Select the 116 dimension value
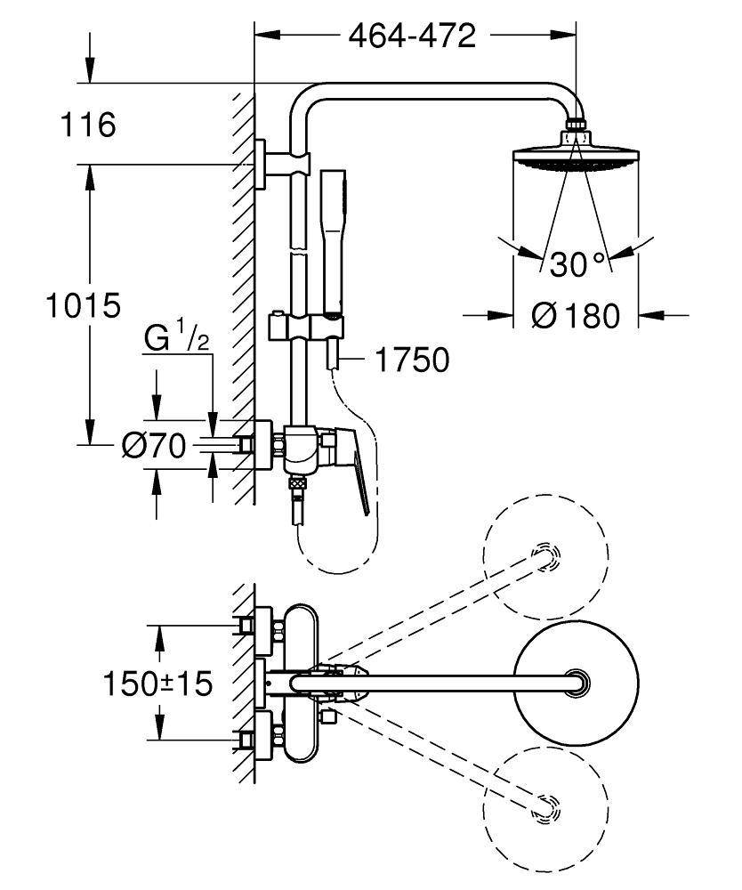click(x=88, y=125)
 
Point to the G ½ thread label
click(x=178, y=339)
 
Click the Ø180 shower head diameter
click(x=576, y=315)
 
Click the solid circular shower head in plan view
click(x=576, y=684)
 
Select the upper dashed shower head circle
click(x=545, y=557)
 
